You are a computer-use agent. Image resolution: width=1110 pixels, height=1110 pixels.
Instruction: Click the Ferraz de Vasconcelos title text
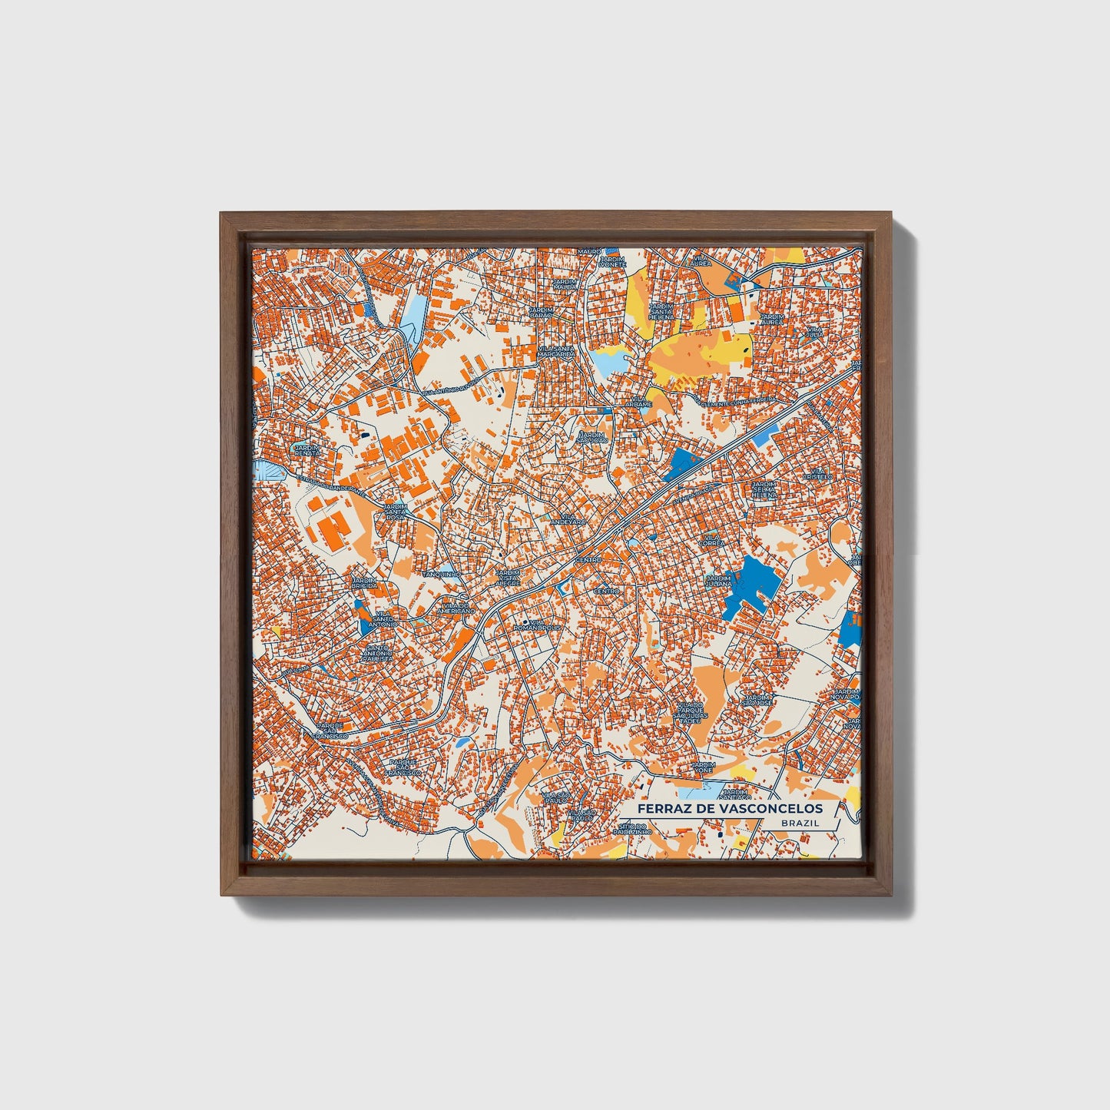click(x=729, y=808)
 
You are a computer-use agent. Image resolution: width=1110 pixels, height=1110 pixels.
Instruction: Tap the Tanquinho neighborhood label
click(x=441, y=574)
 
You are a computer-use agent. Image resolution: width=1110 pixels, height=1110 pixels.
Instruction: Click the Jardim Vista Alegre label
click(x=507, y=578)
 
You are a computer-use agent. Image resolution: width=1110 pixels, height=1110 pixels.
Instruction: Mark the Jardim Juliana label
click(x=720, y=582)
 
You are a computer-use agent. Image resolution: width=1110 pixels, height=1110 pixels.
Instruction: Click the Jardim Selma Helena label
click(x=764, y=490)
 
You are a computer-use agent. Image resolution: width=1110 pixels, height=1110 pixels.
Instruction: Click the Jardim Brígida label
click(x=364, y=582)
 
